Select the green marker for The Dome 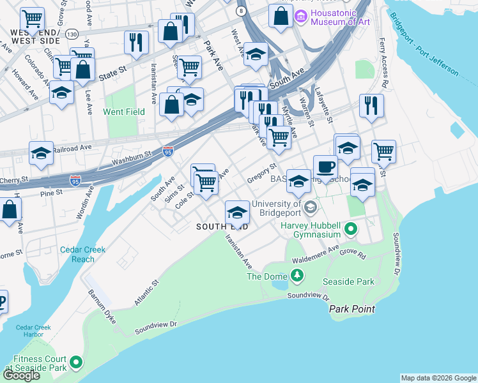[297, 275]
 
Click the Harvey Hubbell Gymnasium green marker [351, 228]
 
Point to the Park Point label [351, 309]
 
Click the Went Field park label [124, 112]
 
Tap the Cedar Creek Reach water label [83, 254]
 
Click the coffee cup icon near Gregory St [325, 167]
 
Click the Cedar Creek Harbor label [29, 331]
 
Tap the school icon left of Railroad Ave [41, 154]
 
